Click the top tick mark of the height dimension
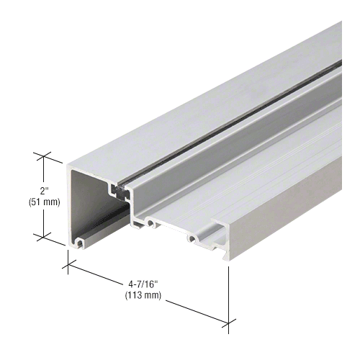click(43, 155)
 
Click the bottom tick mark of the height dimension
click(43, 236)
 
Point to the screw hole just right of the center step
click(150, 223)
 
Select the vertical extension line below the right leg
click(229, 295)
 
